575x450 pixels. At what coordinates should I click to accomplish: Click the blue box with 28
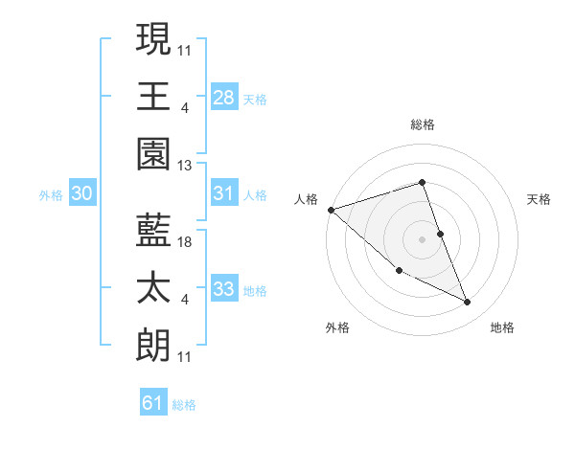[x=224, y=98]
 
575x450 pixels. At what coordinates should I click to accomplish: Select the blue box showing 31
[x=224, y=193]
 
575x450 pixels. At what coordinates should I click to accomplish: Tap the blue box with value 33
[x=224, y=289]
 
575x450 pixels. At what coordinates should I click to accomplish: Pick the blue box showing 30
[x=82, y=193]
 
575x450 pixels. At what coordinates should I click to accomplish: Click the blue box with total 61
[x=153, y=403]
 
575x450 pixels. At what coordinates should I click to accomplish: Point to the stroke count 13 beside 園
[x=186, y=166]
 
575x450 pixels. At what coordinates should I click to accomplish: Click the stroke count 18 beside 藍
[x=186, y=242]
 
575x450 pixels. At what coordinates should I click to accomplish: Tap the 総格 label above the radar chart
[x=423, y=124]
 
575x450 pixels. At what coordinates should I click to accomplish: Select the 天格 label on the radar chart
[x=540, y=199]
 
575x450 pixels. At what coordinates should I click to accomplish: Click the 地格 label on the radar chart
[x=502, y=327]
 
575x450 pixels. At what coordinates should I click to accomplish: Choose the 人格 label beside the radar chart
[x=306, y=199]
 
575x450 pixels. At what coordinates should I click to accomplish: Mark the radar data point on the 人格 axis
[x=331, y=209]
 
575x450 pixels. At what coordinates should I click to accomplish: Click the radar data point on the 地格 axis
[x=468, y=303]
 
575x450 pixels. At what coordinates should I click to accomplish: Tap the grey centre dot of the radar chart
[x=423, y=239]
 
